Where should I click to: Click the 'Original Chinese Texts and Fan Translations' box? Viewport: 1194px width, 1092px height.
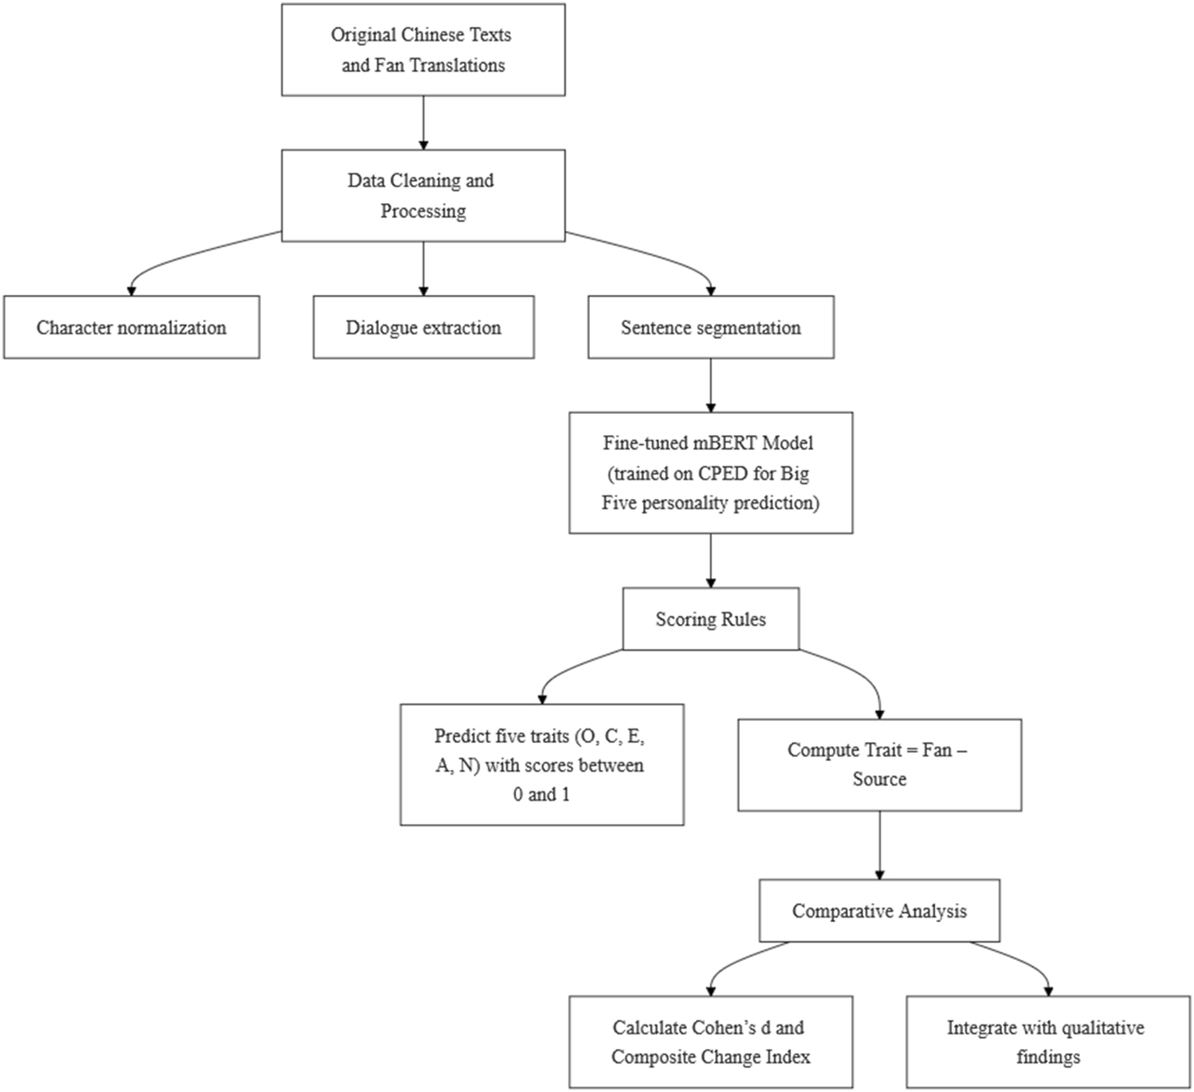[x=423, y=50]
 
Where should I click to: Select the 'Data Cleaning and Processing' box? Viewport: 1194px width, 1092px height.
[x=423, y=196]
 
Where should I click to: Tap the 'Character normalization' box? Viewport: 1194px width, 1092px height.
[x=131, y=327]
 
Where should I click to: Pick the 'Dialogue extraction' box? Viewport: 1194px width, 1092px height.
[x=423, y=327]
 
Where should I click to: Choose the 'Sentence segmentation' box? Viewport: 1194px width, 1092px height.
[x=710, y=327]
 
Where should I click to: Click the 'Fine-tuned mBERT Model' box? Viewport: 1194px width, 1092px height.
[x=710, y=473]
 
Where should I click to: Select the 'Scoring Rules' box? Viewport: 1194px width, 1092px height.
[x=710, y=619]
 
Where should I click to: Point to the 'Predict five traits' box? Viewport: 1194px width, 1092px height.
[x=541, y=765]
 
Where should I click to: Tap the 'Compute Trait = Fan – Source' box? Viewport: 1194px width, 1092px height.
[x=878, y=765]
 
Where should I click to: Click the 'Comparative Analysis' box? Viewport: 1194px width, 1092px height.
[x=878, y=911]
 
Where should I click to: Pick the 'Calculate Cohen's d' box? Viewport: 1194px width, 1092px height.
[x=710, y=1042]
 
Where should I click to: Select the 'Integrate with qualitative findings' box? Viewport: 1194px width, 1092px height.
[x=1047, y=1042]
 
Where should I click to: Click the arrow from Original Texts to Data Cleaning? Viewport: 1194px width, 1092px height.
[x=423, y=122]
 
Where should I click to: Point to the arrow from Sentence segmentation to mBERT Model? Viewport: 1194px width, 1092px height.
[x=710, y=385]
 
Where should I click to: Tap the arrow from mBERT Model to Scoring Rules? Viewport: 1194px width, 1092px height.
[x=710, y=560]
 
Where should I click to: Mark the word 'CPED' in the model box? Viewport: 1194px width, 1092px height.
[x=723, y=473]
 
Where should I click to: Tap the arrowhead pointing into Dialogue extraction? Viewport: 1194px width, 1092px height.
[x=423, y=290]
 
